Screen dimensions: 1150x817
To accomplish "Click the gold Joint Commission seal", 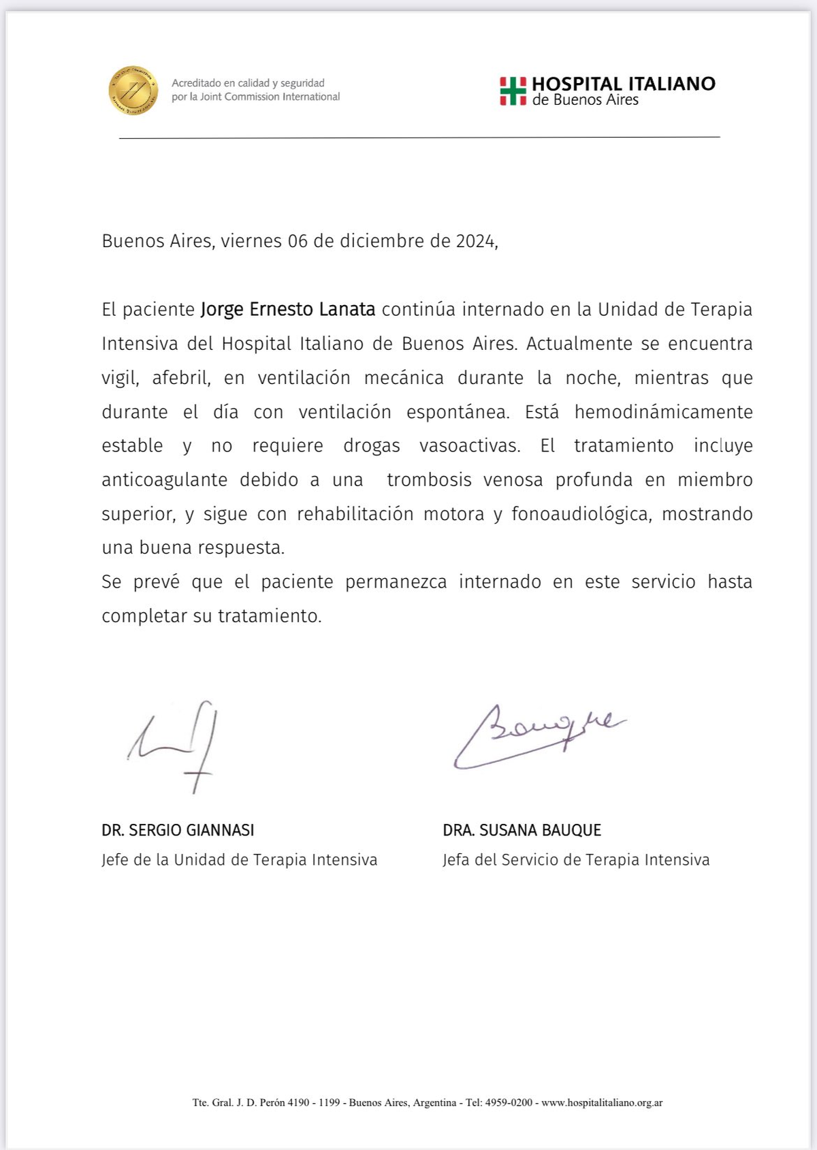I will (133, 91).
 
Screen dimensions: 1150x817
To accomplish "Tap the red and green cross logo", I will (513, 91).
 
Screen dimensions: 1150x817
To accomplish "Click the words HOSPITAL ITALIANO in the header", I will (623, 84).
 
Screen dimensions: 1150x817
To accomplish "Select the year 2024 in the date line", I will (476, 241).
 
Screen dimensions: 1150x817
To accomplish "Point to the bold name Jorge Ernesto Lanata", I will (287, 309).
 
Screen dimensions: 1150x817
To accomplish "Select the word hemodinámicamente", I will (663, 412).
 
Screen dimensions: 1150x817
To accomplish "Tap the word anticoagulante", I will (164, 480).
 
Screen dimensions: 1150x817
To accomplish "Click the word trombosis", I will (429, 480).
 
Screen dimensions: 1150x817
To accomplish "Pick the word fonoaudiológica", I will (580, 514).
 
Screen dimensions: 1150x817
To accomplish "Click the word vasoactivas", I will (469, 446).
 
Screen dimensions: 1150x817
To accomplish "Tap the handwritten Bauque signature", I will (538, 735).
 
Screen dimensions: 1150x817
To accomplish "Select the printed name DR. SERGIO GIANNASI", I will (178, 830).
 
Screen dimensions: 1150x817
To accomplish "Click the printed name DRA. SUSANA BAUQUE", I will (522, 830).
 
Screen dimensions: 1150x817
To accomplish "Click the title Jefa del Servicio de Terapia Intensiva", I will (575, 860).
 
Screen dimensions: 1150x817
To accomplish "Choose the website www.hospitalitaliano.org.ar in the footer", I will (602, 1102).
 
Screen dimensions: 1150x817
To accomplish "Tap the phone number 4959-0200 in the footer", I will (509, 1102).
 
